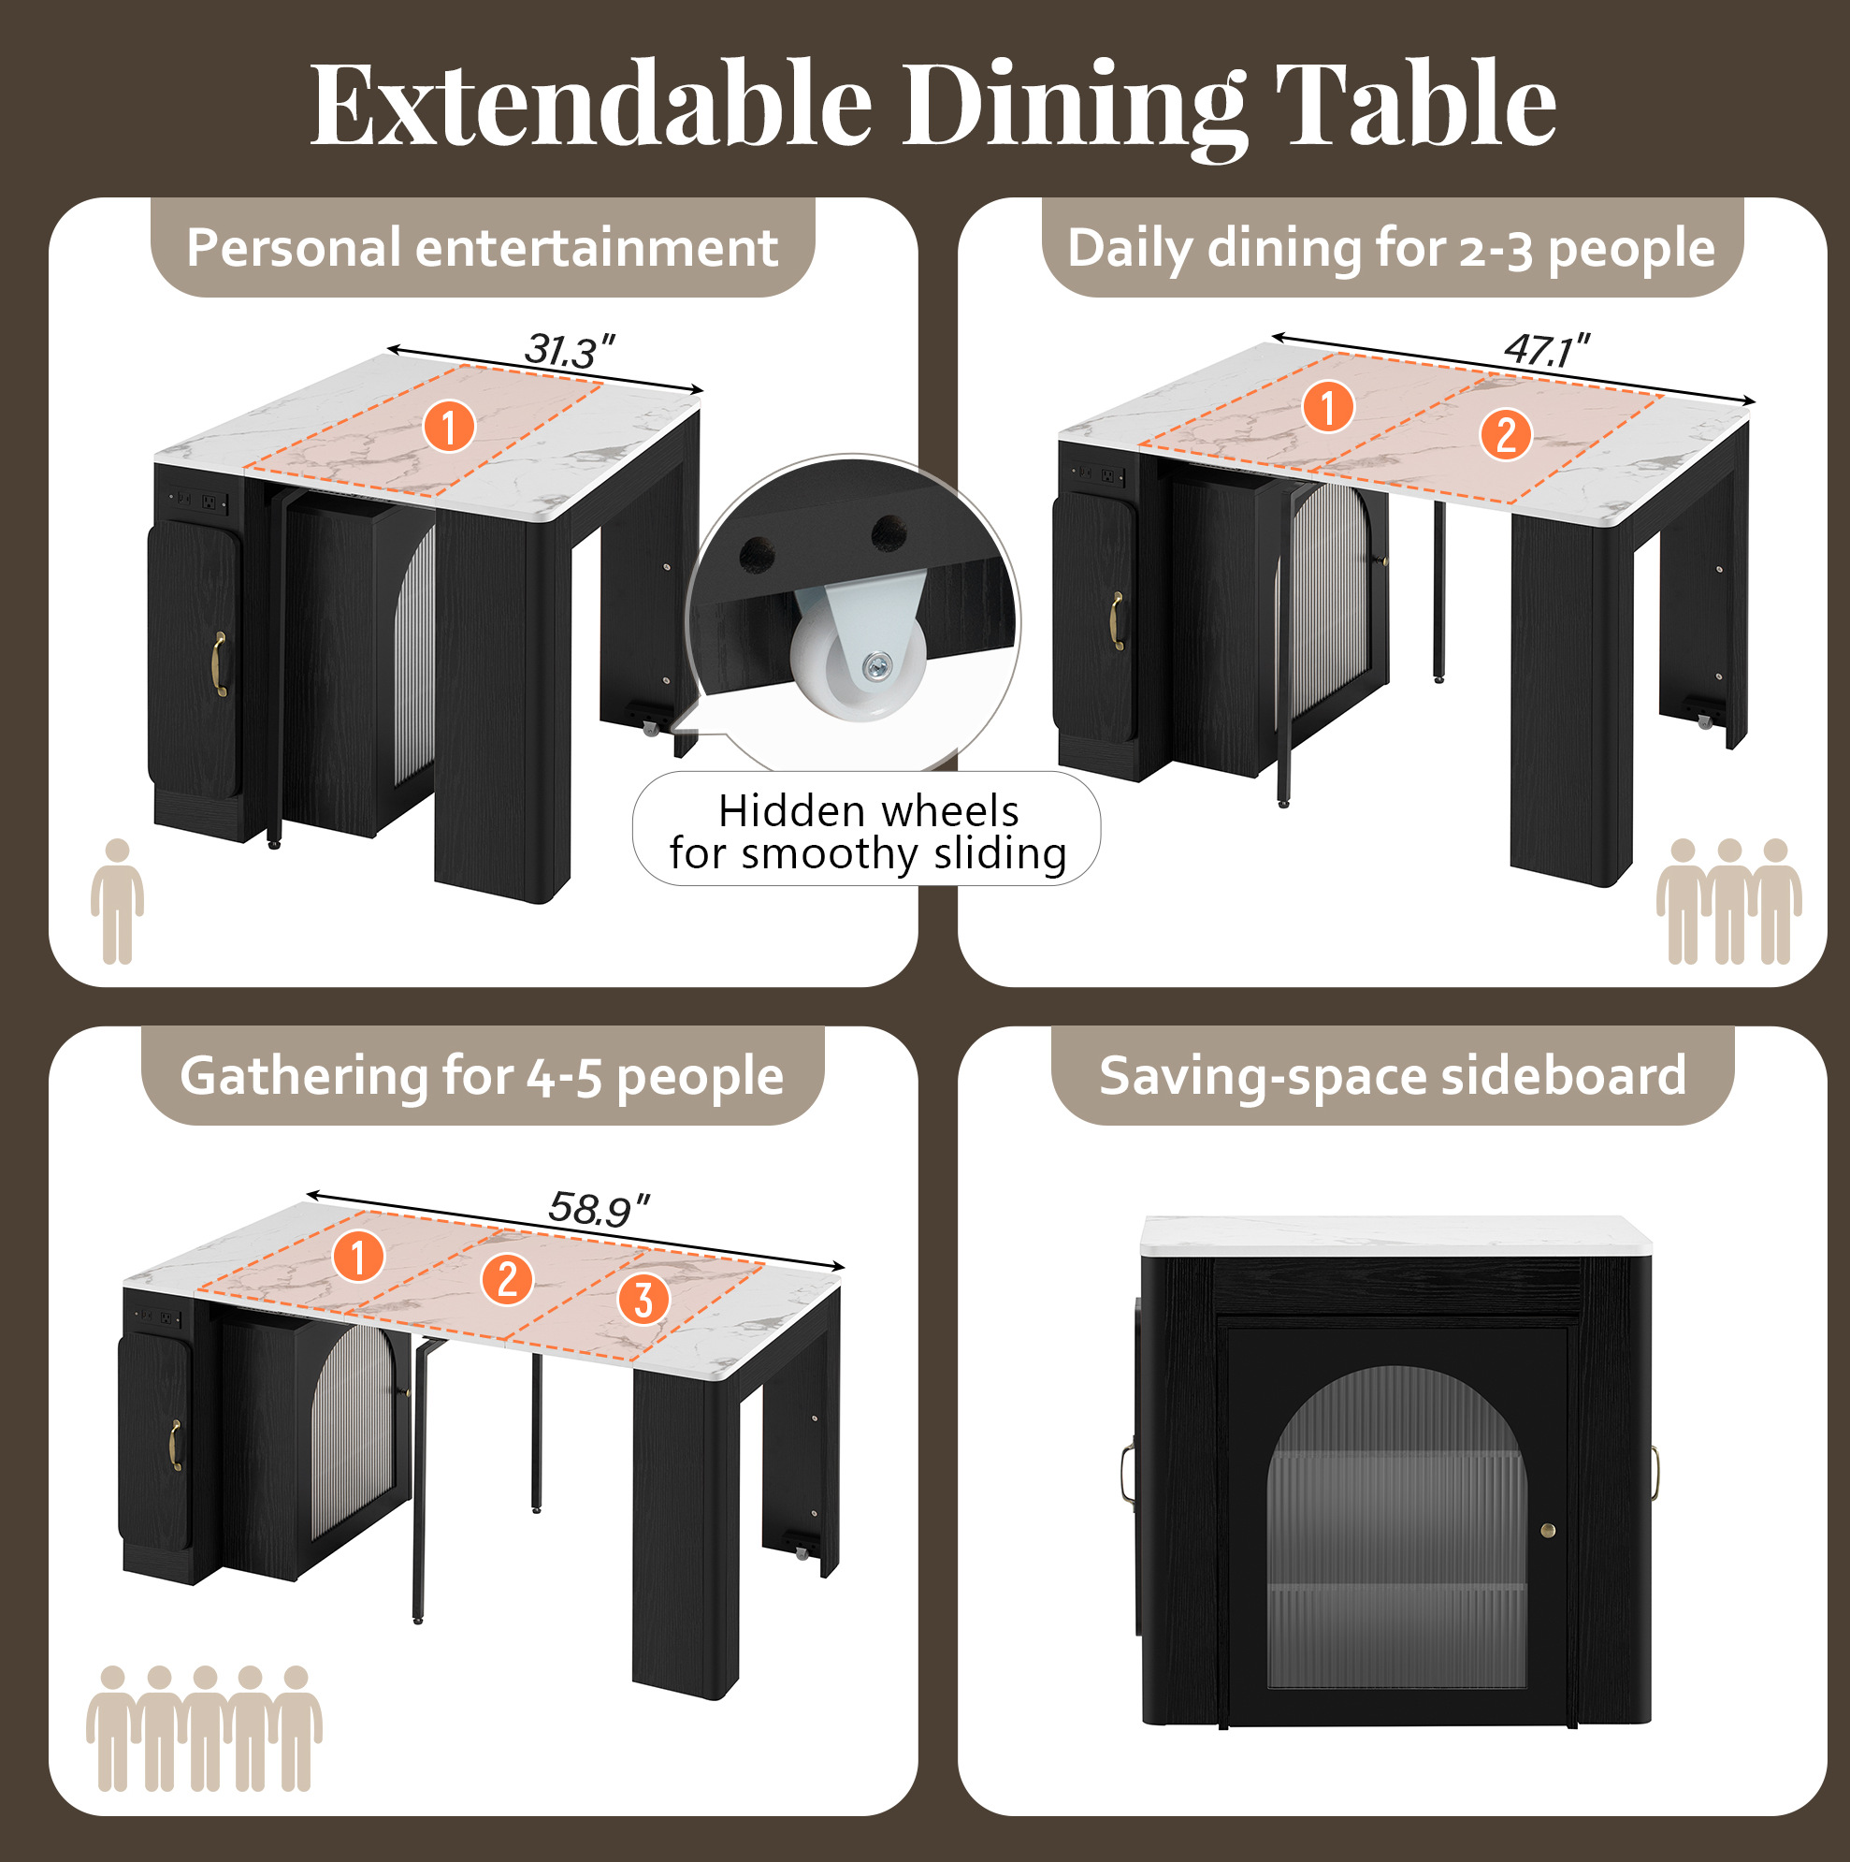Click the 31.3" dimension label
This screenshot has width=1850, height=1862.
pyautogui.click(x=570, y=350)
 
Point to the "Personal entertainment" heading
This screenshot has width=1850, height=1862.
pyautogui.click(x=482, y=248)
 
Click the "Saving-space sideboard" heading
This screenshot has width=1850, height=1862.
pyautogui.click(x=1393, y=1076)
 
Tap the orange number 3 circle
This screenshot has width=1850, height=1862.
pyautogui.click(x=643, y=1298)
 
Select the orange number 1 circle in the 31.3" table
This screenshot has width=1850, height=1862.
pyautogui.click(x=449, y=426)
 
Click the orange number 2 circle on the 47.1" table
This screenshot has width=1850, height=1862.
pyautogui.click(x=1506, y=434)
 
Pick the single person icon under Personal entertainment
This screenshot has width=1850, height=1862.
pyautogui.click(x=118, y=901)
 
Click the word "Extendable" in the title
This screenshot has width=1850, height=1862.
pyautogui.click(x=591, y=104)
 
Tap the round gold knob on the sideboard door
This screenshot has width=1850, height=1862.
pyautogui.click(x=1548, y=1530)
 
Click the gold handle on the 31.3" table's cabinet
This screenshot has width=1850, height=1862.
pyautogui.click(x=220, y=664)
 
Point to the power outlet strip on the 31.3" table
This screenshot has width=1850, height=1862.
pyautogui.click(x=198, y=501)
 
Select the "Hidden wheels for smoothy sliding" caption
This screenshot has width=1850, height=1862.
pyautogui.click(x=868, y=833)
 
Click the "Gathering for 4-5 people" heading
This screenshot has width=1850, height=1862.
pyautogui.click(x=482, y=1076)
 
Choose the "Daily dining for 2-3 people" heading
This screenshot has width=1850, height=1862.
pyautogui.click(x=1392, y=249)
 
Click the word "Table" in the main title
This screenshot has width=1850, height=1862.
pyautogui.click(x=1415, y=104)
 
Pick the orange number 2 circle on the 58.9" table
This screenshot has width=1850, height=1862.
pyautogui.click(x=507, y=1280)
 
